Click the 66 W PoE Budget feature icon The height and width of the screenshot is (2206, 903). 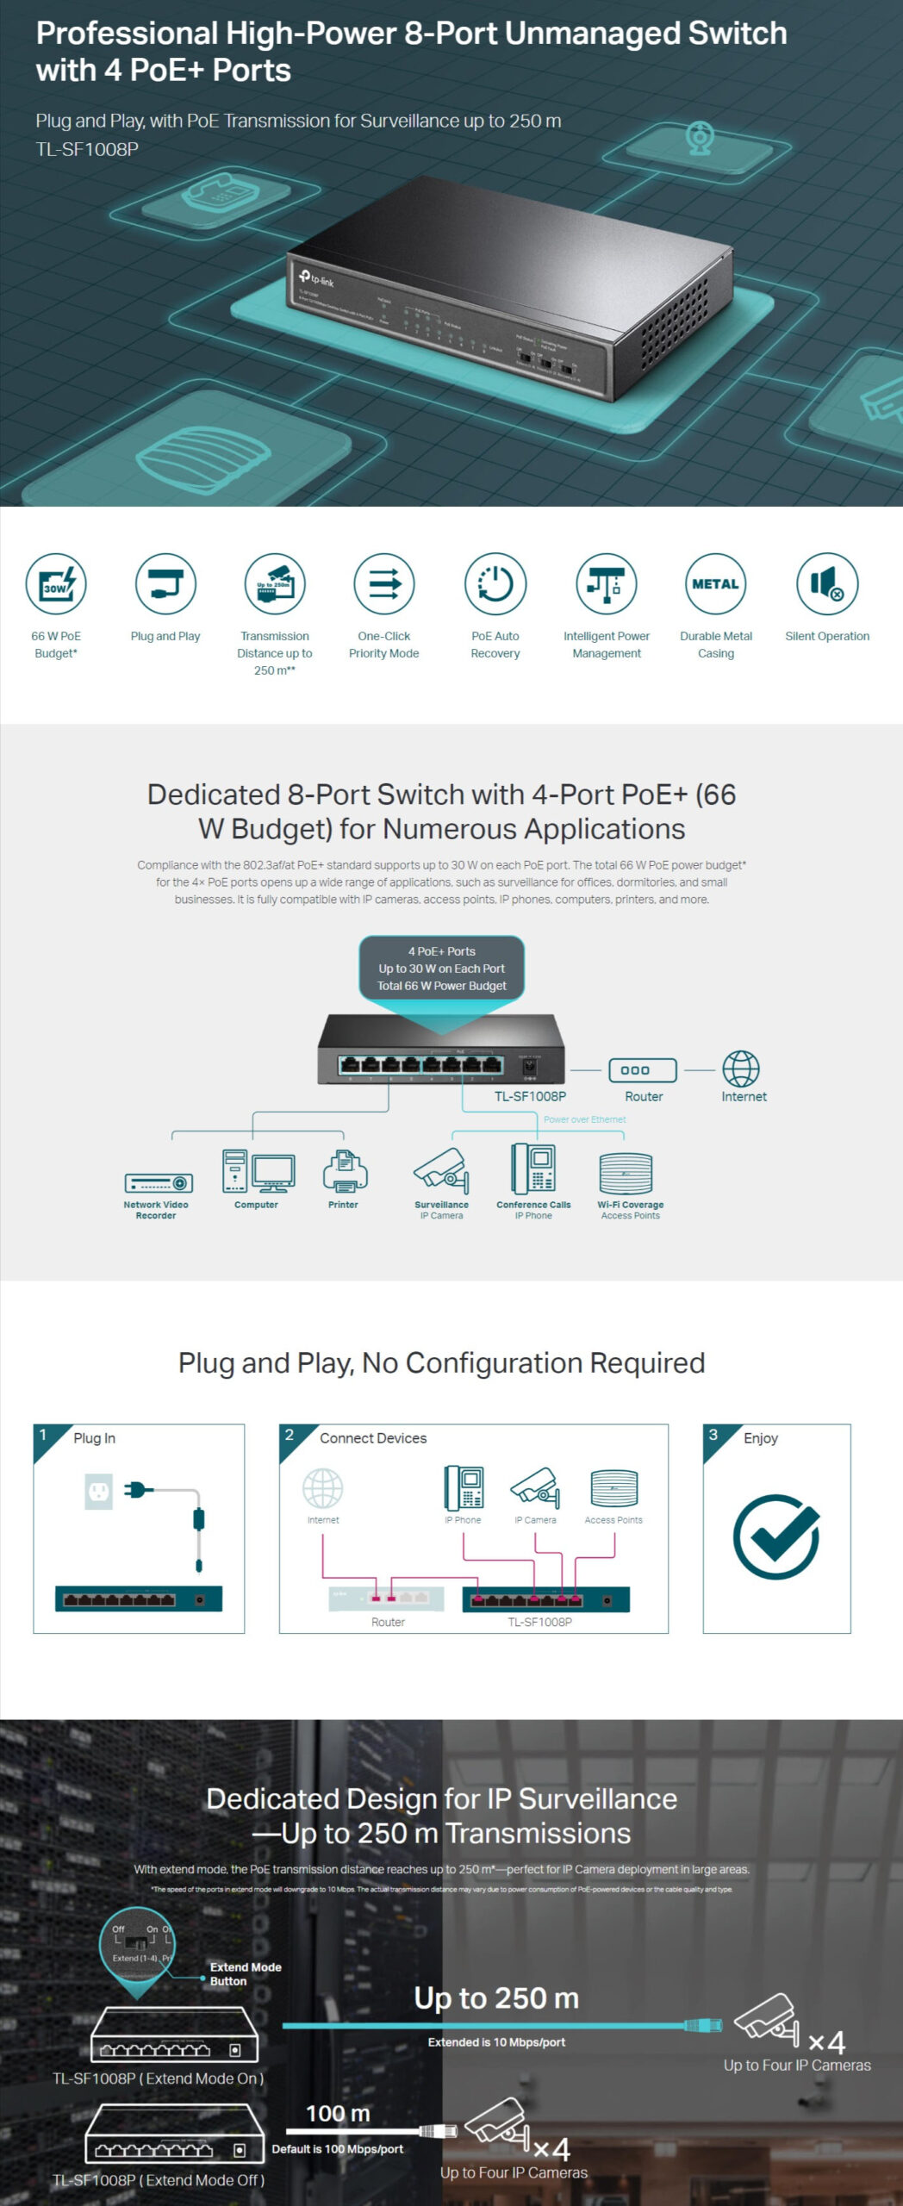coord(56,583)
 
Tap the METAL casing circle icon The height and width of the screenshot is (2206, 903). coord(716,583)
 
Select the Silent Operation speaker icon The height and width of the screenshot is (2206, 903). coord(827,583)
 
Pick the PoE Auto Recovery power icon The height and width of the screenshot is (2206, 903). coord(495,583)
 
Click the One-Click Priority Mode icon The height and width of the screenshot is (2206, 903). coord(384,583)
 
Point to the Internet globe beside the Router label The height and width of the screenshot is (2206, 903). coord(741,1069)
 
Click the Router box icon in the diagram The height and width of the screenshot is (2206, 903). coord(643,1070)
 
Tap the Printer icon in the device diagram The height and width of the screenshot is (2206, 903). coord(345,1171)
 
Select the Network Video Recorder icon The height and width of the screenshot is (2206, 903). coord(159,1182)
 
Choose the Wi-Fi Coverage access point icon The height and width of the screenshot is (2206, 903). coord(626,1174)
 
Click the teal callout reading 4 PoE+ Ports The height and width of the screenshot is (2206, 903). coord(441,969)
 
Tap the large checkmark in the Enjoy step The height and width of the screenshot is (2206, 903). coord(776,1536)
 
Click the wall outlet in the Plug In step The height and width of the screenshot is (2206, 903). coord(99,1490)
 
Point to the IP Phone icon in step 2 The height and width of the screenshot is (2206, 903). coord(464,1488)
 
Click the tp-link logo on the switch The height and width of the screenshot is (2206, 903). coord(316,277)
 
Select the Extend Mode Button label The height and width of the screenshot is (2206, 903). coord(246,1973)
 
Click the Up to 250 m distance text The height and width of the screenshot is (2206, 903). coord(496,1997)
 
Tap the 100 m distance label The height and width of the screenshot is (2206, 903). coord(338,2113)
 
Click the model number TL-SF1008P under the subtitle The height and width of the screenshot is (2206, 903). coord(87,149)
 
